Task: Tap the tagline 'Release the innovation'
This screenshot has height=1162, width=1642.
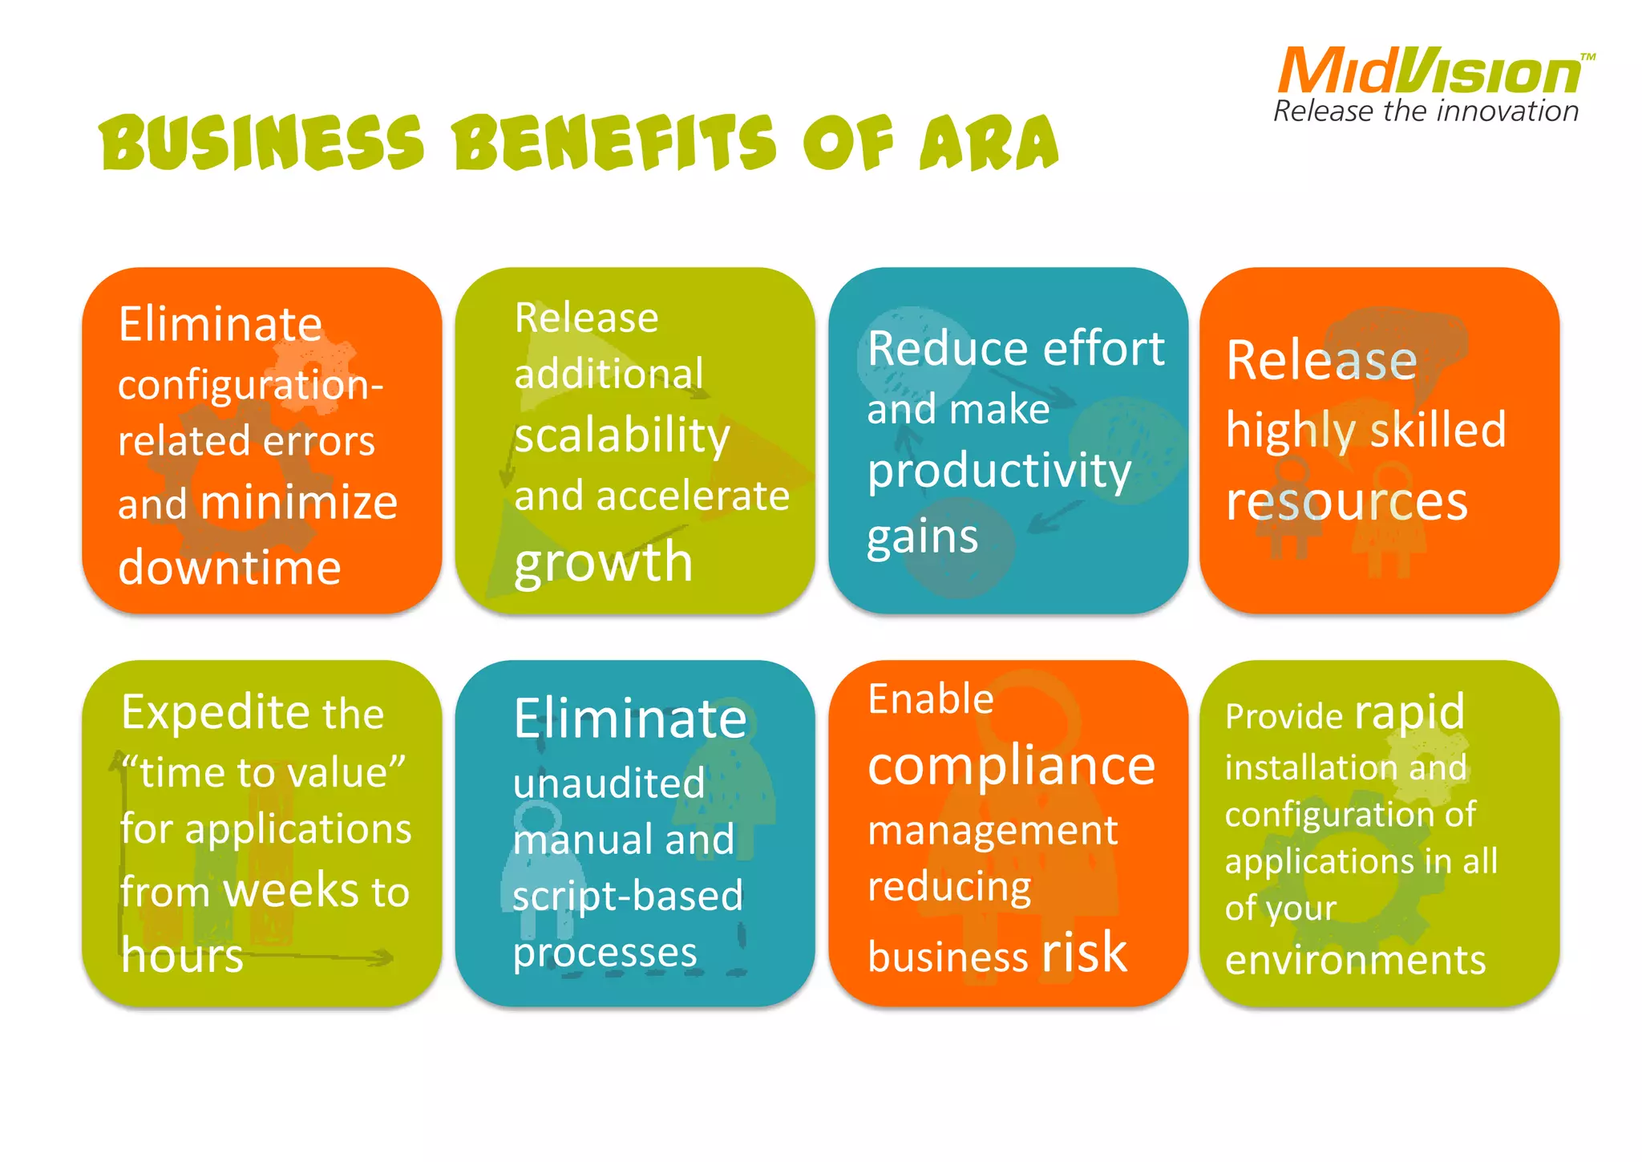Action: click(1426, 111)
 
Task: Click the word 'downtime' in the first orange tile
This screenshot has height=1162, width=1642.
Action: click(229, 568)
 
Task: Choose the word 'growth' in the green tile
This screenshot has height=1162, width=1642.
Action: click(603, 561)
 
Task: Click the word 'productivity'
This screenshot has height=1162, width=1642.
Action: click(999, 471)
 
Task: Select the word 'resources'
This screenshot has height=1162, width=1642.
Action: click(1347, 501)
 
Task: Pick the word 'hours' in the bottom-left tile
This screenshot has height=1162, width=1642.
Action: click(182, 955)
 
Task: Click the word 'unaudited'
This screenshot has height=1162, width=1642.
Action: click(609, 783)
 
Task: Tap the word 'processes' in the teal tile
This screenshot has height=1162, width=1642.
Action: click(605, 953)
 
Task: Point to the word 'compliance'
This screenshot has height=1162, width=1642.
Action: click(1011, 766)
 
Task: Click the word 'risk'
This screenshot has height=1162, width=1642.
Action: click(1084, 953)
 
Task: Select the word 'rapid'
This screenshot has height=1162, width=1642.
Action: click(1409, 712)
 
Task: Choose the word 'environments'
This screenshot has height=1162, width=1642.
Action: click(1355, 960)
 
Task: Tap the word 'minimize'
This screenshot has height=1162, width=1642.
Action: click(298, 504)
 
